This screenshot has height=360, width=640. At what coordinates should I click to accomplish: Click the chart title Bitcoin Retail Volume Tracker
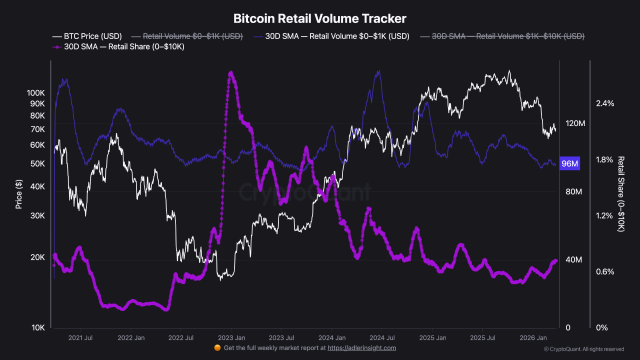320,18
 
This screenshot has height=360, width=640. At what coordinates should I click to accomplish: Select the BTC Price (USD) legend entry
87,36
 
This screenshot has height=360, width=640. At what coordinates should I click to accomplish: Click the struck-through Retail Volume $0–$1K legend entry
187,36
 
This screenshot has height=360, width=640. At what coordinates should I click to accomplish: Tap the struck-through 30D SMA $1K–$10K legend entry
502,36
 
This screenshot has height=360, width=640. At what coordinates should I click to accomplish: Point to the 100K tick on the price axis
36,93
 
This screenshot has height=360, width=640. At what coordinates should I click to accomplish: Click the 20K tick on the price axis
38,257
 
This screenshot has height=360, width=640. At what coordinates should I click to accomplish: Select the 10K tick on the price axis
38,328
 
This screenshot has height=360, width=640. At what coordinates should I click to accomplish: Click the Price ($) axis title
18,194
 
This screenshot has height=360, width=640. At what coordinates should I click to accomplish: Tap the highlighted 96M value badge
570,164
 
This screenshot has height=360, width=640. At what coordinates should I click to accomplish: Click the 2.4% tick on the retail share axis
604,103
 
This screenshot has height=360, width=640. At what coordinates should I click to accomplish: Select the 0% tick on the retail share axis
601,328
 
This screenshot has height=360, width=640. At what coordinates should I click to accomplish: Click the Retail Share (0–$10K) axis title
621,194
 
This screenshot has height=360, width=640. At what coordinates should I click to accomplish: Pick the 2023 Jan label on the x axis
231,338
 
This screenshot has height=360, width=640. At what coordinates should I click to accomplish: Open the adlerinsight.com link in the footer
361,348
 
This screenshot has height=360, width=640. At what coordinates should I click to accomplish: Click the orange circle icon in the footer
217,348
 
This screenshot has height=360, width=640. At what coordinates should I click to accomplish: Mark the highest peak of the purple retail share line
230,73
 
